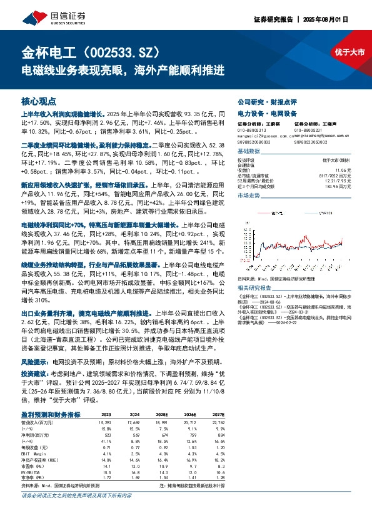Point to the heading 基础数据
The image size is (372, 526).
[249, 152]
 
